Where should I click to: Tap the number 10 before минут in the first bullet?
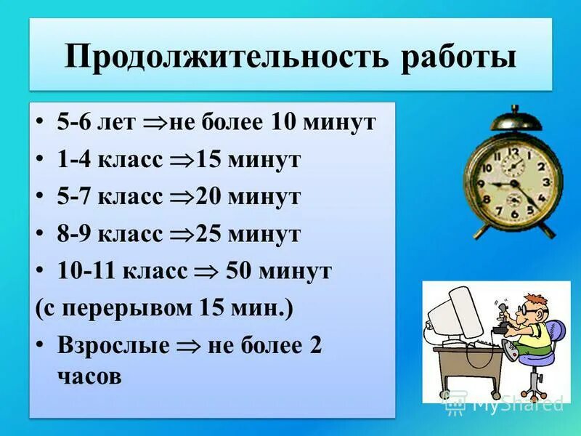coord(285,122)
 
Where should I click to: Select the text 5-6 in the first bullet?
coord(74,122)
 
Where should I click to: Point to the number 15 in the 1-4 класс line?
coord(210,160)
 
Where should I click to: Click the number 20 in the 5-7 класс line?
coord(210,197)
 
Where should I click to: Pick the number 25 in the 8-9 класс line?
coord(210,234)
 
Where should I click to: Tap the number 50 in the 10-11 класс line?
coord(241,272)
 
